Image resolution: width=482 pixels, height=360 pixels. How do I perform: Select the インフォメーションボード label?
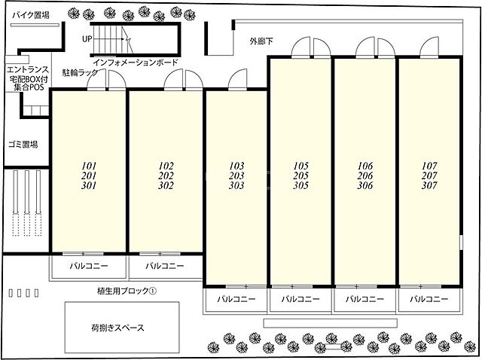136,62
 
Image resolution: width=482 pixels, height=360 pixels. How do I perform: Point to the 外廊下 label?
263,41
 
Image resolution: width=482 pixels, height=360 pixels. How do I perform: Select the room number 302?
166,185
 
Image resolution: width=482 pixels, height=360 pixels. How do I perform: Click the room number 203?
236,175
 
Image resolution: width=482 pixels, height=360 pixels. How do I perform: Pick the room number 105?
300,165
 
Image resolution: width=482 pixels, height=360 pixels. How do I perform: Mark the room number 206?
365,175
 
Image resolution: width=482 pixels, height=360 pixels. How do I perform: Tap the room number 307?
429,185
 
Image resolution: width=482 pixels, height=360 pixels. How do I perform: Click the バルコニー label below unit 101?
88,266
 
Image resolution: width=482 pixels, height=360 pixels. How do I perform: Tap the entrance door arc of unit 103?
236,79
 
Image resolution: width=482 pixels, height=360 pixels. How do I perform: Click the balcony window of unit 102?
166,253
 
